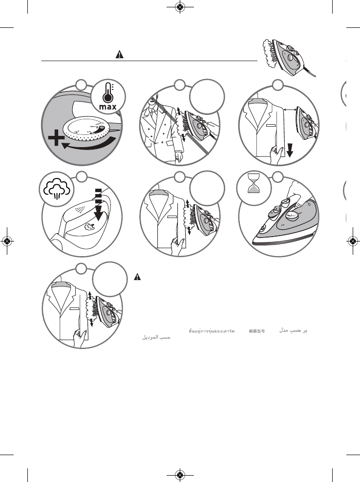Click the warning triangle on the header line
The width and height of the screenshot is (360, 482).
[x=119, y=55]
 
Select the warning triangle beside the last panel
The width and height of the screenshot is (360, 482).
[x=138, y=277]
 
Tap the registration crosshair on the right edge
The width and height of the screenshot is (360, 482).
[x=352, y=241]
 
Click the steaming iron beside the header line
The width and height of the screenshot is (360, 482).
[x=288, y=56]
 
